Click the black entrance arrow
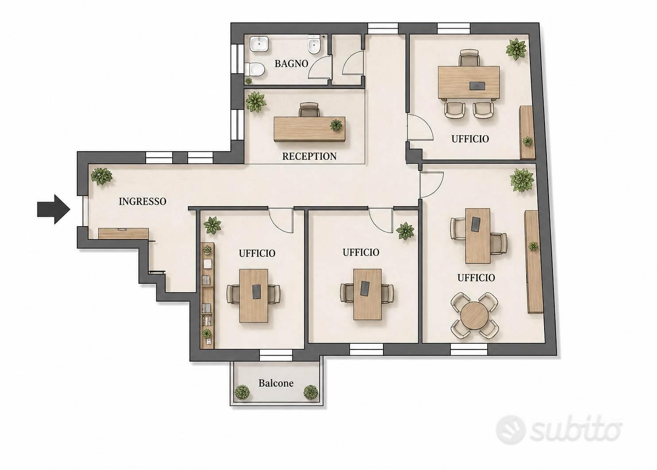coord(54,209)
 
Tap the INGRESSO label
coord(143,201)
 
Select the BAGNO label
coord(291,63)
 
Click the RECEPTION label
coord(309,156)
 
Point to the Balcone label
coord(276,383)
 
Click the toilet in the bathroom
coord(255,70)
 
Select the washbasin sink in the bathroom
coord(259,45)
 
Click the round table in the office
coord(475,316)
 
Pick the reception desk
coord(309,129)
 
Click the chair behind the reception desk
coord(309,110)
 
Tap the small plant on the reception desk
coord(336,125)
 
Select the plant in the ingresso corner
coord(101,176)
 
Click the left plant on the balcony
coord(242,392)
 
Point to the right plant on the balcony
coord(311,392)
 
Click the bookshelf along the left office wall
coord(208,295)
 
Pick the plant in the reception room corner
coord(256,102)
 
